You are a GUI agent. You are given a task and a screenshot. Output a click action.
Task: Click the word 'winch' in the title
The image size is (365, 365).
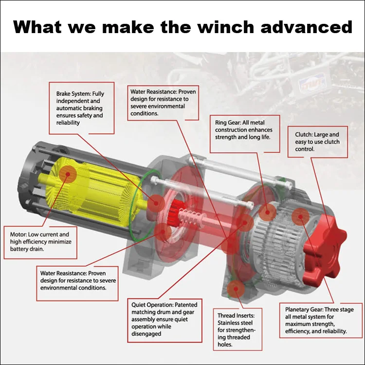(x=228, y=27)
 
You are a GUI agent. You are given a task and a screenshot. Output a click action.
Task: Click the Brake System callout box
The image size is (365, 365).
(x=82, y=108)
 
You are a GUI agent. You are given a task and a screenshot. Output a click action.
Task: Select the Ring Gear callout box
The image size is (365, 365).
(x=244, y=128)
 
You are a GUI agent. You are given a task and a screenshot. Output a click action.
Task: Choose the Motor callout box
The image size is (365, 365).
(x=40, y=241)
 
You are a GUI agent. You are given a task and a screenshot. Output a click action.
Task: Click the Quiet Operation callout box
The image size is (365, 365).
(x=165, y=319)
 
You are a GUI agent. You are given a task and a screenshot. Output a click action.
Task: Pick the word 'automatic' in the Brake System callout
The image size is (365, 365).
(x=70, y=108)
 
